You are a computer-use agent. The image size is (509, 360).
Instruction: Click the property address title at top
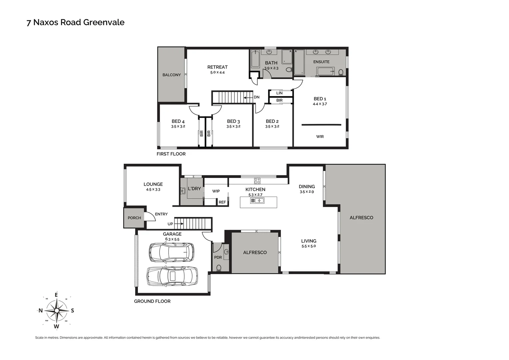[75, 22]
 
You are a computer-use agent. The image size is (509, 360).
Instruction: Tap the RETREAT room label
[217, 67]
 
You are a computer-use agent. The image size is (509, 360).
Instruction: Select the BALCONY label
[172, 75]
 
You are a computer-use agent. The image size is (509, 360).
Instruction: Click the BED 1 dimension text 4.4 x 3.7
[320, 104]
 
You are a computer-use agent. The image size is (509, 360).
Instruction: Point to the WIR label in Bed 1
[320, 137]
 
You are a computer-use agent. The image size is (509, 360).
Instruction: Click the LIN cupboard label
[279, 93]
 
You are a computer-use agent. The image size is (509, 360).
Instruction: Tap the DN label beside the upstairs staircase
[256, 97]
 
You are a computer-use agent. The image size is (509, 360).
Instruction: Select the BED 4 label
[178, 121]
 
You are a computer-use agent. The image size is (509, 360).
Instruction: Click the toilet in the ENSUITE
[341, 72]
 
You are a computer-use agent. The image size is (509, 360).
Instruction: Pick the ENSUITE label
[321, 62]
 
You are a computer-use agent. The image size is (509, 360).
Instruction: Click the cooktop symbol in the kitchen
[257, 181]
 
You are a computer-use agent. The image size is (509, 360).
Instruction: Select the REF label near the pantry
[222, 202]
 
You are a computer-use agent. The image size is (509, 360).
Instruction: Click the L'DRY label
[194, 189]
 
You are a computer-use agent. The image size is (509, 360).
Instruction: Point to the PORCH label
[134, 218]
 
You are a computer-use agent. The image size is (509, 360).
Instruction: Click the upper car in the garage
[171, 252]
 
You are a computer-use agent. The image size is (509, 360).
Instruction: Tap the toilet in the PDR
[219, 268]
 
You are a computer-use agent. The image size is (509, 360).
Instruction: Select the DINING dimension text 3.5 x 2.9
[306, 192]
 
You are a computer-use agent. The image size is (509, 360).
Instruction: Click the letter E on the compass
[56, 295]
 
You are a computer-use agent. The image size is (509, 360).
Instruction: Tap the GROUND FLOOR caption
[152, 301]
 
